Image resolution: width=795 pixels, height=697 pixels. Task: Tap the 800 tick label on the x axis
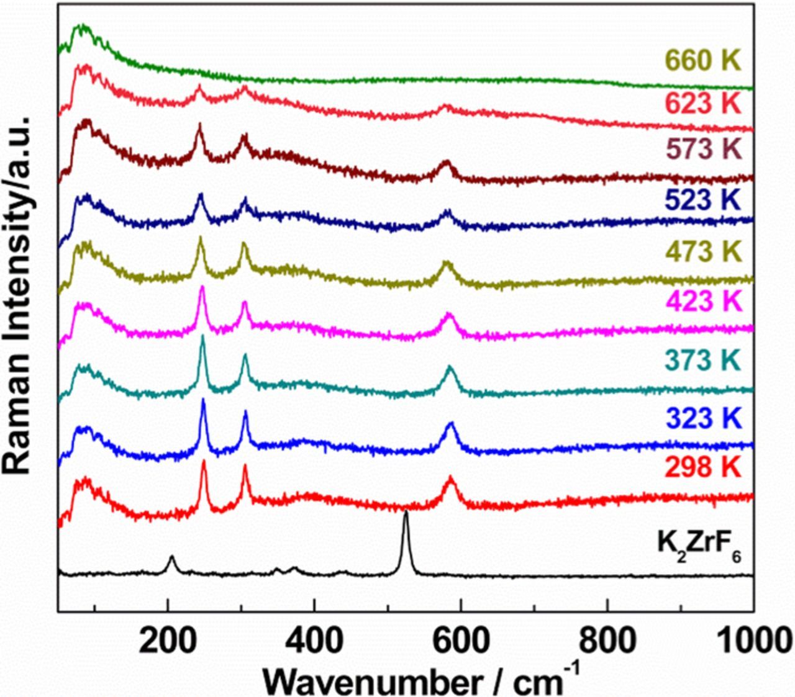coord(607,641)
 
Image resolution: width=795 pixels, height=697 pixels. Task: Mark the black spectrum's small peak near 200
coord(171,557)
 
